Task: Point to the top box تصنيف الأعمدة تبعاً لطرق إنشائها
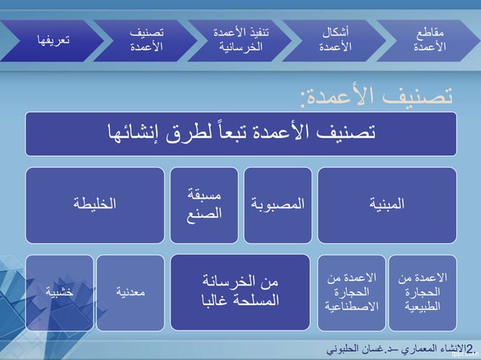240,133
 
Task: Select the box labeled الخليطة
94,204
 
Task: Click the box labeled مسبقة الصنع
204,204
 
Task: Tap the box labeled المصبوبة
277,204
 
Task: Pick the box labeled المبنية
387,204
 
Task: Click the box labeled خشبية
58,292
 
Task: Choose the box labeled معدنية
130,292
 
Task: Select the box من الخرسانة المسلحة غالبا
240,292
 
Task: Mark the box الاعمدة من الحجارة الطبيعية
422,292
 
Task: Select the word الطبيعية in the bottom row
422,307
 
